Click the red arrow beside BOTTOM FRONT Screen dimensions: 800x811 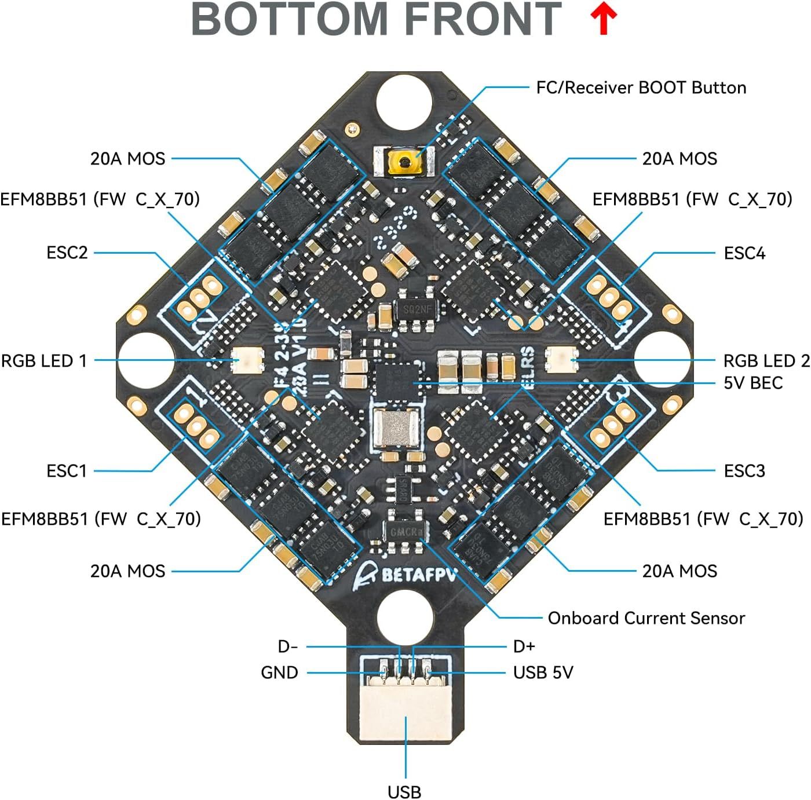pos(604,20)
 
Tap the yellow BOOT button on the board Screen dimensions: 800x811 pos(404,161)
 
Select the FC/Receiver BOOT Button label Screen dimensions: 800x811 pos(641,87)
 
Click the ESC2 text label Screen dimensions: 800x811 pos(67,253)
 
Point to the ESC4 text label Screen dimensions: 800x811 pos(744,253)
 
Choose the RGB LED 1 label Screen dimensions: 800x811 pos(44,361)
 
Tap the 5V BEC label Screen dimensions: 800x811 pos(753,383)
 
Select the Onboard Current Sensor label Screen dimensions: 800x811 pos(646,618)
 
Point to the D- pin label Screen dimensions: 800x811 pos(288,646)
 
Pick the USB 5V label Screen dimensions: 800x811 pos(543,673)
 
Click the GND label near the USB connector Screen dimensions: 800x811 pos(279,673)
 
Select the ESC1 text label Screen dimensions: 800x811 pos(67,471)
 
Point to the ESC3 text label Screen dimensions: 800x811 pos(744,471)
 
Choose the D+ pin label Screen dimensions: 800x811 pos(524,646)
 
